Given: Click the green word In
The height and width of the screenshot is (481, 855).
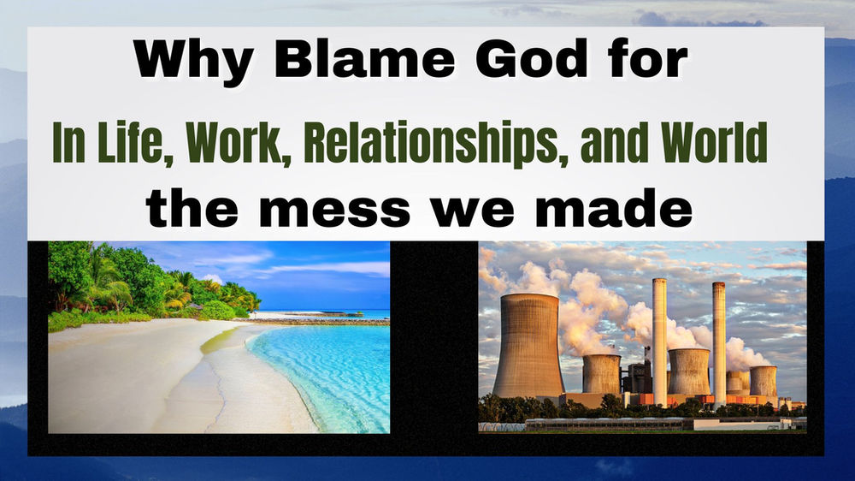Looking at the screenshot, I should coord(66,144).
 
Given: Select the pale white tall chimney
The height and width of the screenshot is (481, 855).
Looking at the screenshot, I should coord(659,338).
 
